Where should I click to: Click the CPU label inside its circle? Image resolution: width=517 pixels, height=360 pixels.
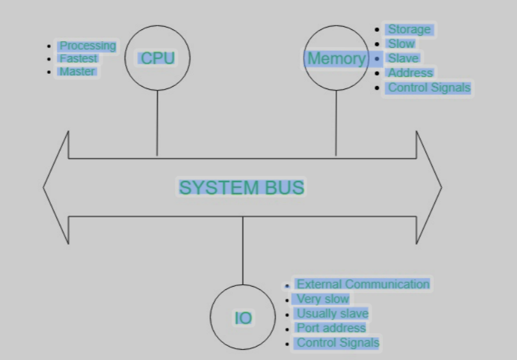point(157,58)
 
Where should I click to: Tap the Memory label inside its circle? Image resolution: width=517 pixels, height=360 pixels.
point(336,59)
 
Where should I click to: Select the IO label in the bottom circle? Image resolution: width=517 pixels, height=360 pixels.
point(243,318)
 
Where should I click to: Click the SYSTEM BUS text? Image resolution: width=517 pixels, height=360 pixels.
point(242,187)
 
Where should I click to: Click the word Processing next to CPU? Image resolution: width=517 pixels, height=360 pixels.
point(87,46)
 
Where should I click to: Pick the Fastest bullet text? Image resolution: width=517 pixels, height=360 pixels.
point(78,59)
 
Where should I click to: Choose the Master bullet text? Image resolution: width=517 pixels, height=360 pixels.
point(77,71)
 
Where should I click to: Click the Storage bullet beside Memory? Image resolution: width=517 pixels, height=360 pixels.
point(409,29)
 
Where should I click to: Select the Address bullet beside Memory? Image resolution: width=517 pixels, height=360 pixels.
point(411,73)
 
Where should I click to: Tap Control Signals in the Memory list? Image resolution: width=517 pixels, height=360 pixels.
point(429,87)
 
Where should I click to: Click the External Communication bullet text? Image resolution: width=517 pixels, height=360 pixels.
point(363,284)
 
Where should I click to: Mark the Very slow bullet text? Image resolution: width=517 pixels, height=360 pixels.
point(323,299)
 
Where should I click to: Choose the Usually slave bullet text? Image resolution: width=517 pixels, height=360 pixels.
point(332,313)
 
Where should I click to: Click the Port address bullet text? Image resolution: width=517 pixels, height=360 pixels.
point(331,328)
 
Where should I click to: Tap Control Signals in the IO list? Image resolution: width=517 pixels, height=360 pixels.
point(337,343)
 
